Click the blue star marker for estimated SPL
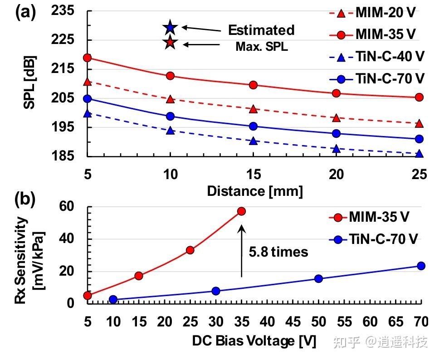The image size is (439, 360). [170, 28]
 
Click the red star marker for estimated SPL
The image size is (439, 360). [170, 43]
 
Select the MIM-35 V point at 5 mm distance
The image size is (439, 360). [88, 58]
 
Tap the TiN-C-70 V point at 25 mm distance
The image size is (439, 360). [419, 139]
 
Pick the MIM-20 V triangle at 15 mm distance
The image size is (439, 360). [254, 109]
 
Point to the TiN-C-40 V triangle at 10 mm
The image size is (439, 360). [171, 131]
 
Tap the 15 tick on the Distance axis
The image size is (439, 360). [254, 174]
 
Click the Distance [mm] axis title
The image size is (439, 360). [254, 191]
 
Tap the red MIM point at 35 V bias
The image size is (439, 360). [241, 211]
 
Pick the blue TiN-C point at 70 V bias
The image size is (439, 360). [421, 266]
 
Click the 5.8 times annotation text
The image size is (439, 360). [278, 252]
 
